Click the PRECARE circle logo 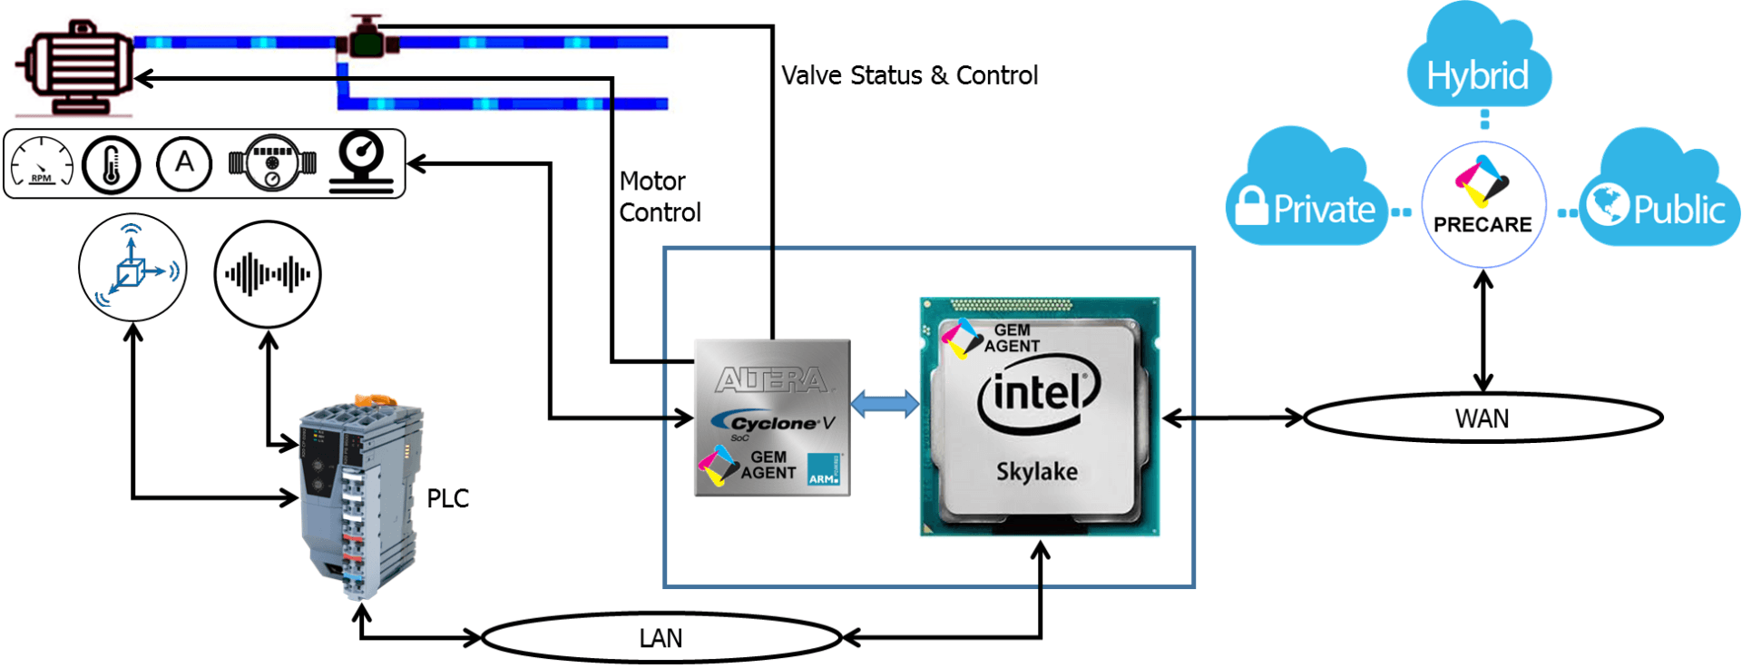tap(1483, 204)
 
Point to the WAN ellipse tap(1483, 418)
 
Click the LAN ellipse tap(661, 638)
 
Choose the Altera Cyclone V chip tap(772, 418)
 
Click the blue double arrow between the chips tap(885, 404)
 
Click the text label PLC tap(447, 498)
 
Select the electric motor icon tap(76, 67)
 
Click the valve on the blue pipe tap(367, 38)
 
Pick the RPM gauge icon tap(42, 164)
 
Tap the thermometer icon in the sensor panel tap(111, 165)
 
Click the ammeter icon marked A tap(184, 164)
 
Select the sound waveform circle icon tap(268, 273)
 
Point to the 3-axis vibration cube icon tap(132, 268)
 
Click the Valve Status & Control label tap(909, 75)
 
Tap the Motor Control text tap(660, 197)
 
